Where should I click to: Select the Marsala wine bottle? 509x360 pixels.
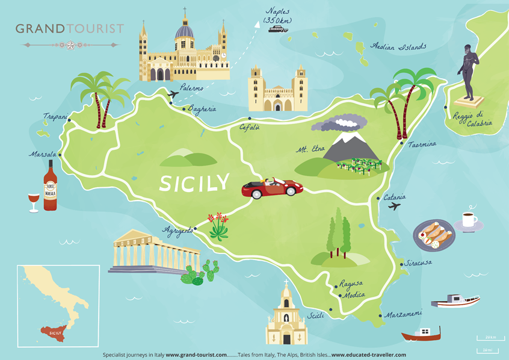click(50, 186)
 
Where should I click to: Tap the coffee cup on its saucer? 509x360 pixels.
click(469, 221)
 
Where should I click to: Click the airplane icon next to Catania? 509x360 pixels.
click(395, 206)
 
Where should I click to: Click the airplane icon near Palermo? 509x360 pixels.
click(174, 95)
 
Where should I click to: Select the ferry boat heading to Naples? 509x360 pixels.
click(278, 28)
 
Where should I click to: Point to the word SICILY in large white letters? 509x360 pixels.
click(194, 182)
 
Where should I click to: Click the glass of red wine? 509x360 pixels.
click(33, 202)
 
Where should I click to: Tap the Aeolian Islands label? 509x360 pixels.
click(398, 46)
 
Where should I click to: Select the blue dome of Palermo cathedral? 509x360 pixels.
click(184, 31)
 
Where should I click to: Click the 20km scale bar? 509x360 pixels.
click(487, 338)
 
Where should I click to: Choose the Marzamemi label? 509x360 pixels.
click(403, 313)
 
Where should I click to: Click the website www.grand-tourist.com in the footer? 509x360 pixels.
click(196, 355)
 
